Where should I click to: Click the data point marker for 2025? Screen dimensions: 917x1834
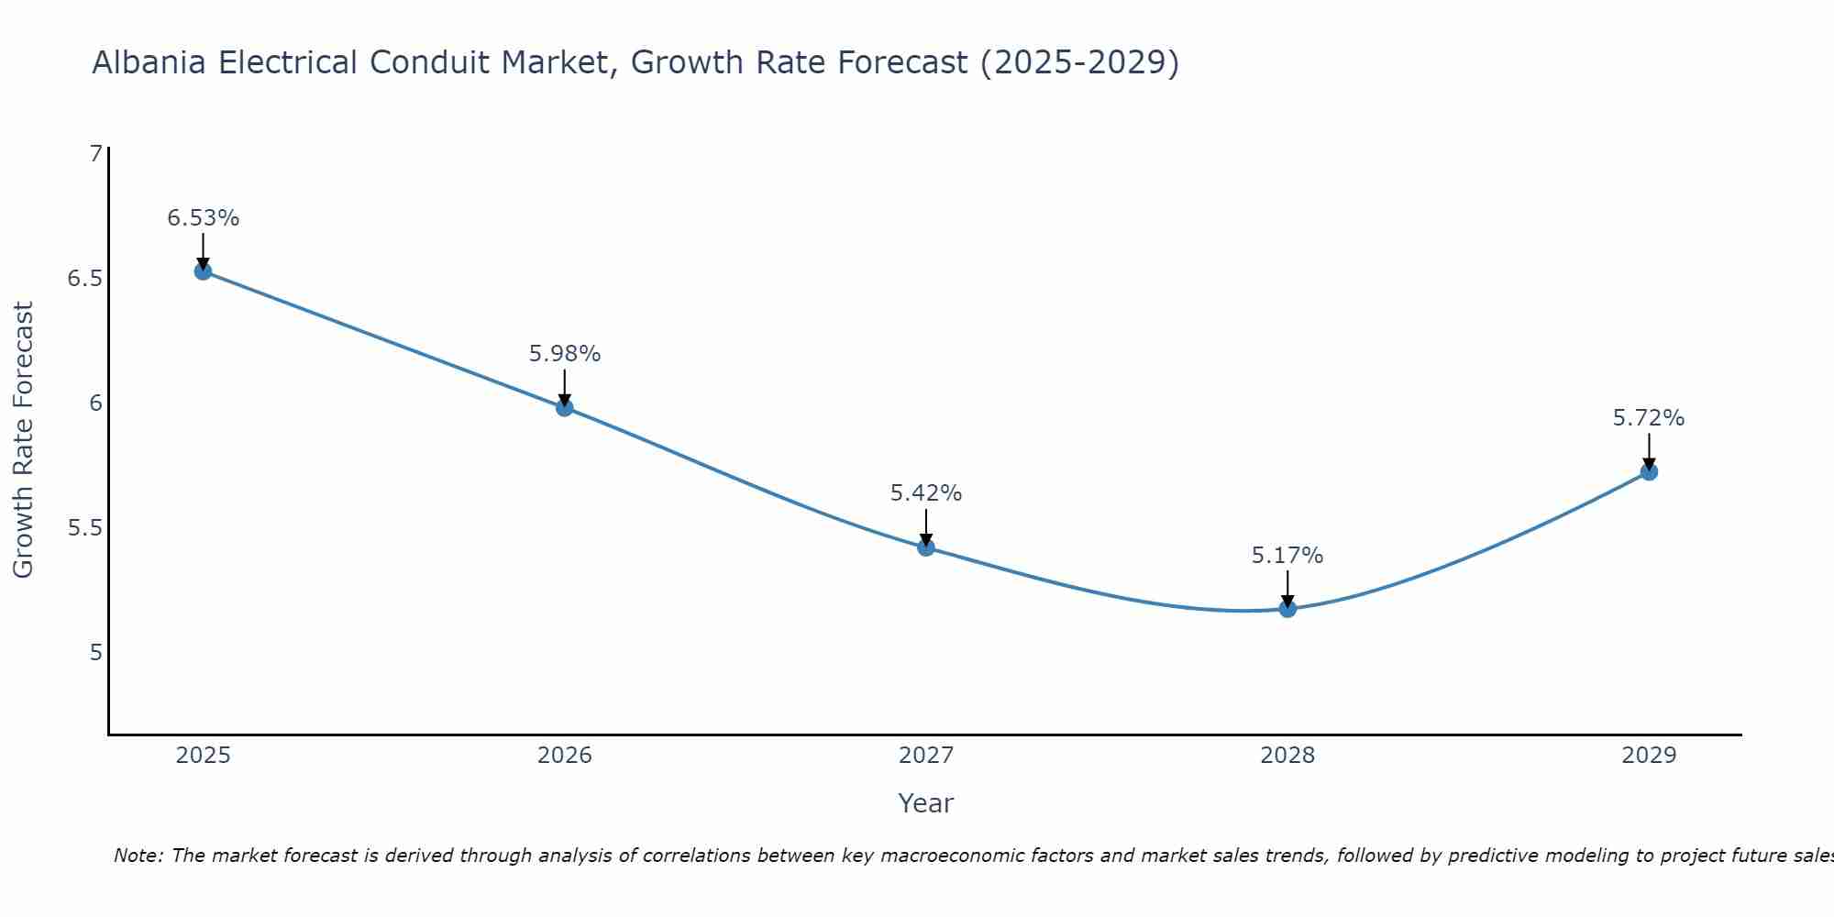tap(203, 271)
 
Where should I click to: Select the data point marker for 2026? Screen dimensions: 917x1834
tap(565, 407)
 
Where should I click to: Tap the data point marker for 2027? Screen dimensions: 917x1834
tap(926, 547)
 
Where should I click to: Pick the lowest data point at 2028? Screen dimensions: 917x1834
tap(1287, 608)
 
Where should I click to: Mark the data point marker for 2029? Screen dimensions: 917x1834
tap(1649, 471)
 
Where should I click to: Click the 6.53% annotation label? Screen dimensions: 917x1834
tap(203, 218)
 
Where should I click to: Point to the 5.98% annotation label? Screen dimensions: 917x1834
tap(565, 354)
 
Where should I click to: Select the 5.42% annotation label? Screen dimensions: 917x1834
tap(926, 493)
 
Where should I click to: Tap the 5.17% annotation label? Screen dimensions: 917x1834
tap(1287, 556)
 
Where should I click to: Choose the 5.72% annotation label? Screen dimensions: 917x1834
tap(1649, 418)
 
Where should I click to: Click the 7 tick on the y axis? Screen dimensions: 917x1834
tap(95, 154)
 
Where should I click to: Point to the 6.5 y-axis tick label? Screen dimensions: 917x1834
tap(85, 279)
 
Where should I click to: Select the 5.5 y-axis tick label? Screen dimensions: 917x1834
tap(85, 528)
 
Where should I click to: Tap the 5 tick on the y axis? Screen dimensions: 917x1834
tap(95, 653)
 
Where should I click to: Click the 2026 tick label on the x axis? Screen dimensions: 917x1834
tap(565, 756)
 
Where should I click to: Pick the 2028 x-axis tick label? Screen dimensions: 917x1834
tap(1287, 756)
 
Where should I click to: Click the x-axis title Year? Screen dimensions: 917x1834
tap(926, 803)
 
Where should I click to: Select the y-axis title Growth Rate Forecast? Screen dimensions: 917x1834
tap(23, 440)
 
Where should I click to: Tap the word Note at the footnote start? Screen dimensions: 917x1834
tap(138, 856)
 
